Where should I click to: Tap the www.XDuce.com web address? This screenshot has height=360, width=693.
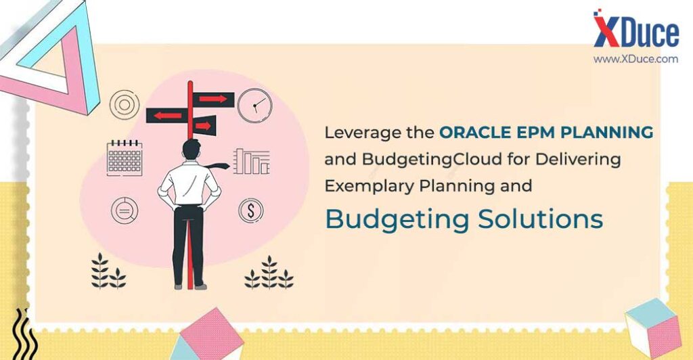pos(635,59)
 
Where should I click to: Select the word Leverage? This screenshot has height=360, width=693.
pos(357,133)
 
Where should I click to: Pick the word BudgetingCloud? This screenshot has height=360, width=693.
pos(432,160)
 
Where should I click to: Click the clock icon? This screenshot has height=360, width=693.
pos(254,106)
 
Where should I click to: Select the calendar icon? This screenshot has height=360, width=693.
pos(125,158)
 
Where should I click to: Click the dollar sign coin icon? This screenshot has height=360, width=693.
pos(251,210)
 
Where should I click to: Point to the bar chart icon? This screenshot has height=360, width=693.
pos(252,161)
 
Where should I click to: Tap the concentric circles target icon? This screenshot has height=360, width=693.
pos(125,105)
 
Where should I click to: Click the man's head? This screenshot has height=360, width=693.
pos(192,150)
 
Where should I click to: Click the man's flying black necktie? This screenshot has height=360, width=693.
pos(217,166)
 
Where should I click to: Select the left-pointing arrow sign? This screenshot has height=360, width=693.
pos(167,116)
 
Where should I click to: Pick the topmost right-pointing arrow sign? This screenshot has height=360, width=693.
pos(213,99)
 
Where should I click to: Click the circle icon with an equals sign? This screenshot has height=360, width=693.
pos(125,210)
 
